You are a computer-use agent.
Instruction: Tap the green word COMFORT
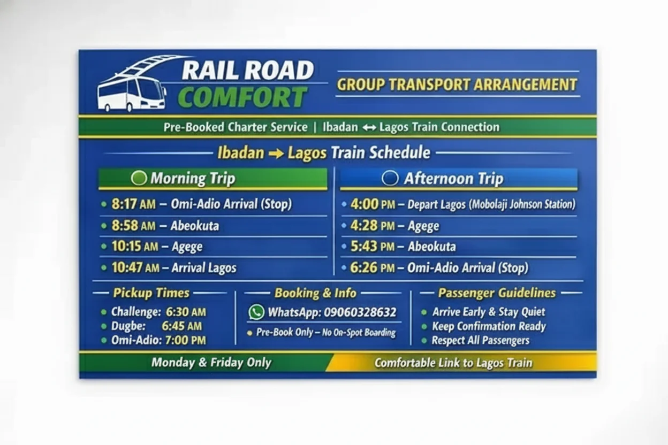click(x=242, y=97)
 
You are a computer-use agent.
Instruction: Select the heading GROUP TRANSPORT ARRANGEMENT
click(x=457, y=85)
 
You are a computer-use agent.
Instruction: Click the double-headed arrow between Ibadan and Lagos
click(x=369, y=128)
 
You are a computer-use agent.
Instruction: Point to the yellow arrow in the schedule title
click(x=276, y=154)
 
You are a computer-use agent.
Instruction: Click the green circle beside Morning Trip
click(x=139, y=178)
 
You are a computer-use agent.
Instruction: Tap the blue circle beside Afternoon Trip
click(x=390, y=178)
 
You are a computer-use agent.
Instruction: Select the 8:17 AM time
click(x=134, y=204)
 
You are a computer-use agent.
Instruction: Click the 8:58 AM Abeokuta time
click(x=134, y=226)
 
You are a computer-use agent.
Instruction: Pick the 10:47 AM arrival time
click(x=135, y=267)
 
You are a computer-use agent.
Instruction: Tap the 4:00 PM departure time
click(x=373, y=204)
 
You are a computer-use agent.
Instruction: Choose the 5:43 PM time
click(x=373, y=247)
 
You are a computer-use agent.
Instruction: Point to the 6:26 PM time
click(x=373, y=267)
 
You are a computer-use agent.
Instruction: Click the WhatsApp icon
click(x=256, y=312)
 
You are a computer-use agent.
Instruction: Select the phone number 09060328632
click(x=360, y=312)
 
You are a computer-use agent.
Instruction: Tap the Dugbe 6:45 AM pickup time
click(x=181, y=326)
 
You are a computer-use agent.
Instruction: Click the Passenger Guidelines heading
click(x=497, y=293)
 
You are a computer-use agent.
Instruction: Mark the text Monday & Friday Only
click(x=211, y=363)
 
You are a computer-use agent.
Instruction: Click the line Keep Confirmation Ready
click(x=489, y=326)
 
